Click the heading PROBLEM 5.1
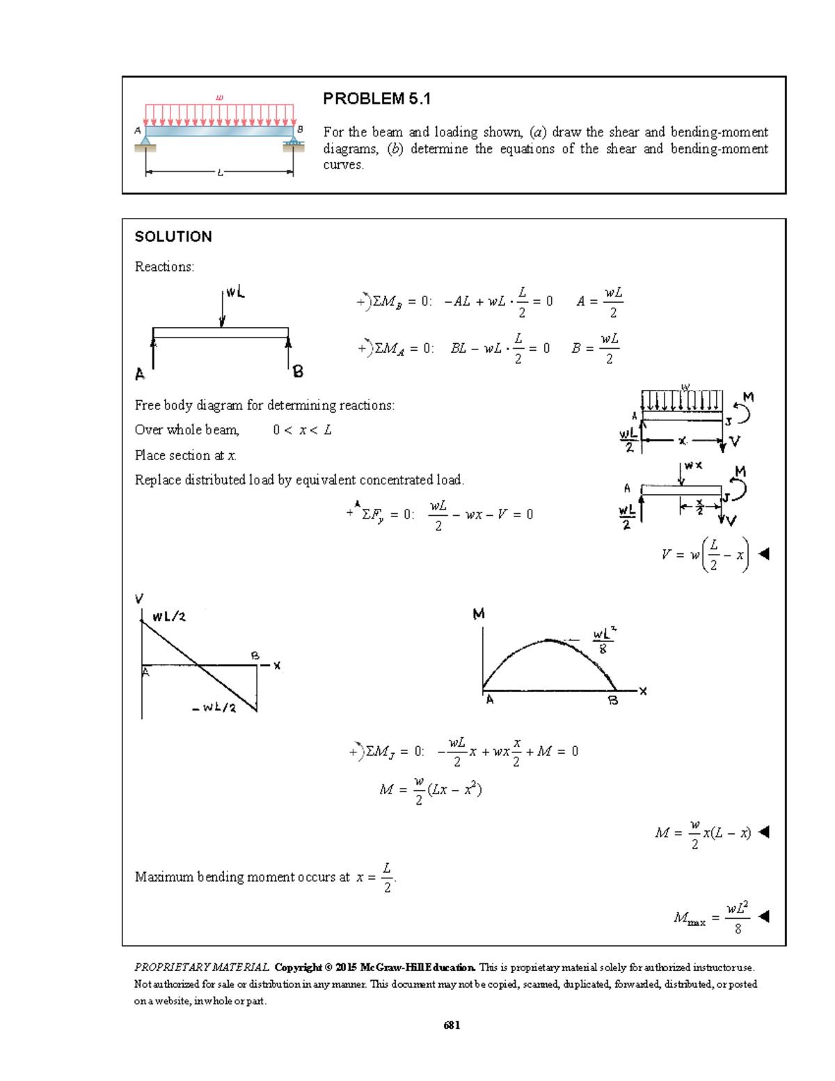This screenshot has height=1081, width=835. pyautogui.click(x=376, y=99)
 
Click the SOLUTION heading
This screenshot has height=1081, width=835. pyautogui.click(x=173, y=237)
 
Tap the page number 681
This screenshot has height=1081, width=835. pyautogui.click(x=452, y=1025)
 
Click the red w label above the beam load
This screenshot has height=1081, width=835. pyautogui.click(x=220, y=97)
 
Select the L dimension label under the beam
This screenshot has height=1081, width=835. pyautogui.click(x=220, y=173)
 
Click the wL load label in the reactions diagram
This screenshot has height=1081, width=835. pyautogui.click(x=235, y=293)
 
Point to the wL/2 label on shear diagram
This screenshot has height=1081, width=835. pyautogui.click(x=169, y=616)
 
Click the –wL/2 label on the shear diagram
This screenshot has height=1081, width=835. pyautogui.click(x=214, y=708)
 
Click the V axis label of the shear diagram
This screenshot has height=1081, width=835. pyautogui.click(x=139, y=599)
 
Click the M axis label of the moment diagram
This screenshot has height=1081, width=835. pyautogui.click(x=479, y=614)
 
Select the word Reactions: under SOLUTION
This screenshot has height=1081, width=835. pyautogui.click(x=164, y=267)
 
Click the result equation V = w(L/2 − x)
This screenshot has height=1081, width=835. pyautogui.click(x=706, y=555)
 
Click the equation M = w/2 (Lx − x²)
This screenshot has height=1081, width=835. pyautogui.click(x=431, y=790)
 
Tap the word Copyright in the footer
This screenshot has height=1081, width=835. pyautogui.click(x=298, y=967)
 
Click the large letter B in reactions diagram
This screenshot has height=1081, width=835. pyautogui.click(x=298, y=372)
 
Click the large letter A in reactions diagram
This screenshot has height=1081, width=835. pyautogui.click(x=140, y=374)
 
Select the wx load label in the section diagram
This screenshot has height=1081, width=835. pyautogui.click(x=693, y=465)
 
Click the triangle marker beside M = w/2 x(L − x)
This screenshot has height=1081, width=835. pyautogui.click(x=763, y=832)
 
